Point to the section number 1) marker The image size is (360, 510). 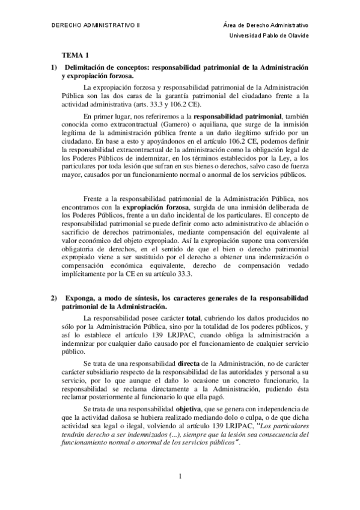point(54,66)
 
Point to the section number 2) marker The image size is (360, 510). point(54,298)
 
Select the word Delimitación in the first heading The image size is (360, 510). point(88,66)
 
